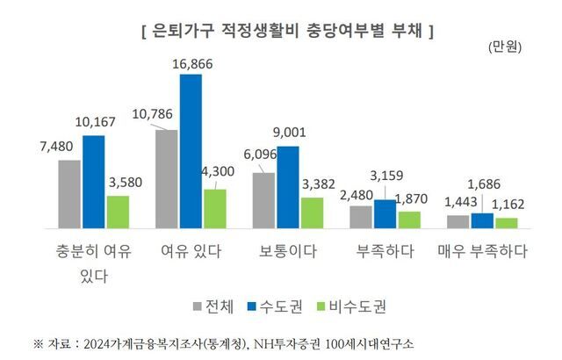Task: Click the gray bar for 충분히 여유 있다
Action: click(x=69, y=193)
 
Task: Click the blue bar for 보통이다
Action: click(x=287, y=186)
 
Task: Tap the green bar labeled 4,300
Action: click(x=215, y=208)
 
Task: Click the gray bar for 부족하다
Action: click(x=361, y=216)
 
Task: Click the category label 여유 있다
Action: click(x=190, y=252)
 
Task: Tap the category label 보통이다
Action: click(x=287, y=252)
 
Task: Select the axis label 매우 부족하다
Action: click(x=482, y=252)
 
